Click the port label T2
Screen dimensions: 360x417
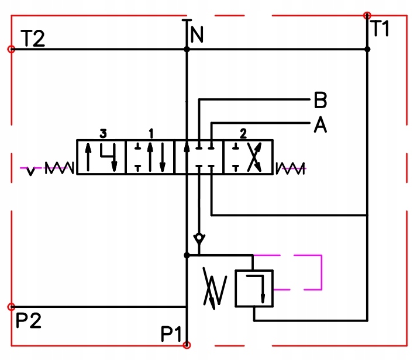tap(33, 39)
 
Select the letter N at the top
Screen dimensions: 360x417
tap(197, 36)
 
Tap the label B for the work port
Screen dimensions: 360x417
tap(320, 101)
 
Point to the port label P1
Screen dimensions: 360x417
tap(172, 334)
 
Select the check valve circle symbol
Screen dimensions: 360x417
tap(199, 238)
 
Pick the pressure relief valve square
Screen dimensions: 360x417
tap(253, 288)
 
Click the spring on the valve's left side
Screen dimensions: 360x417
tap(59, 168)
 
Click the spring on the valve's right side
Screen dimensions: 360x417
tap(290, 168)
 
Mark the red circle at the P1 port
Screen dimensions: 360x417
tap(187, 345)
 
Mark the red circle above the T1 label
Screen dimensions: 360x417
tap(367, 15)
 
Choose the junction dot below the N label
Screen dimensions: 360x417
tap(187, 50)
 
